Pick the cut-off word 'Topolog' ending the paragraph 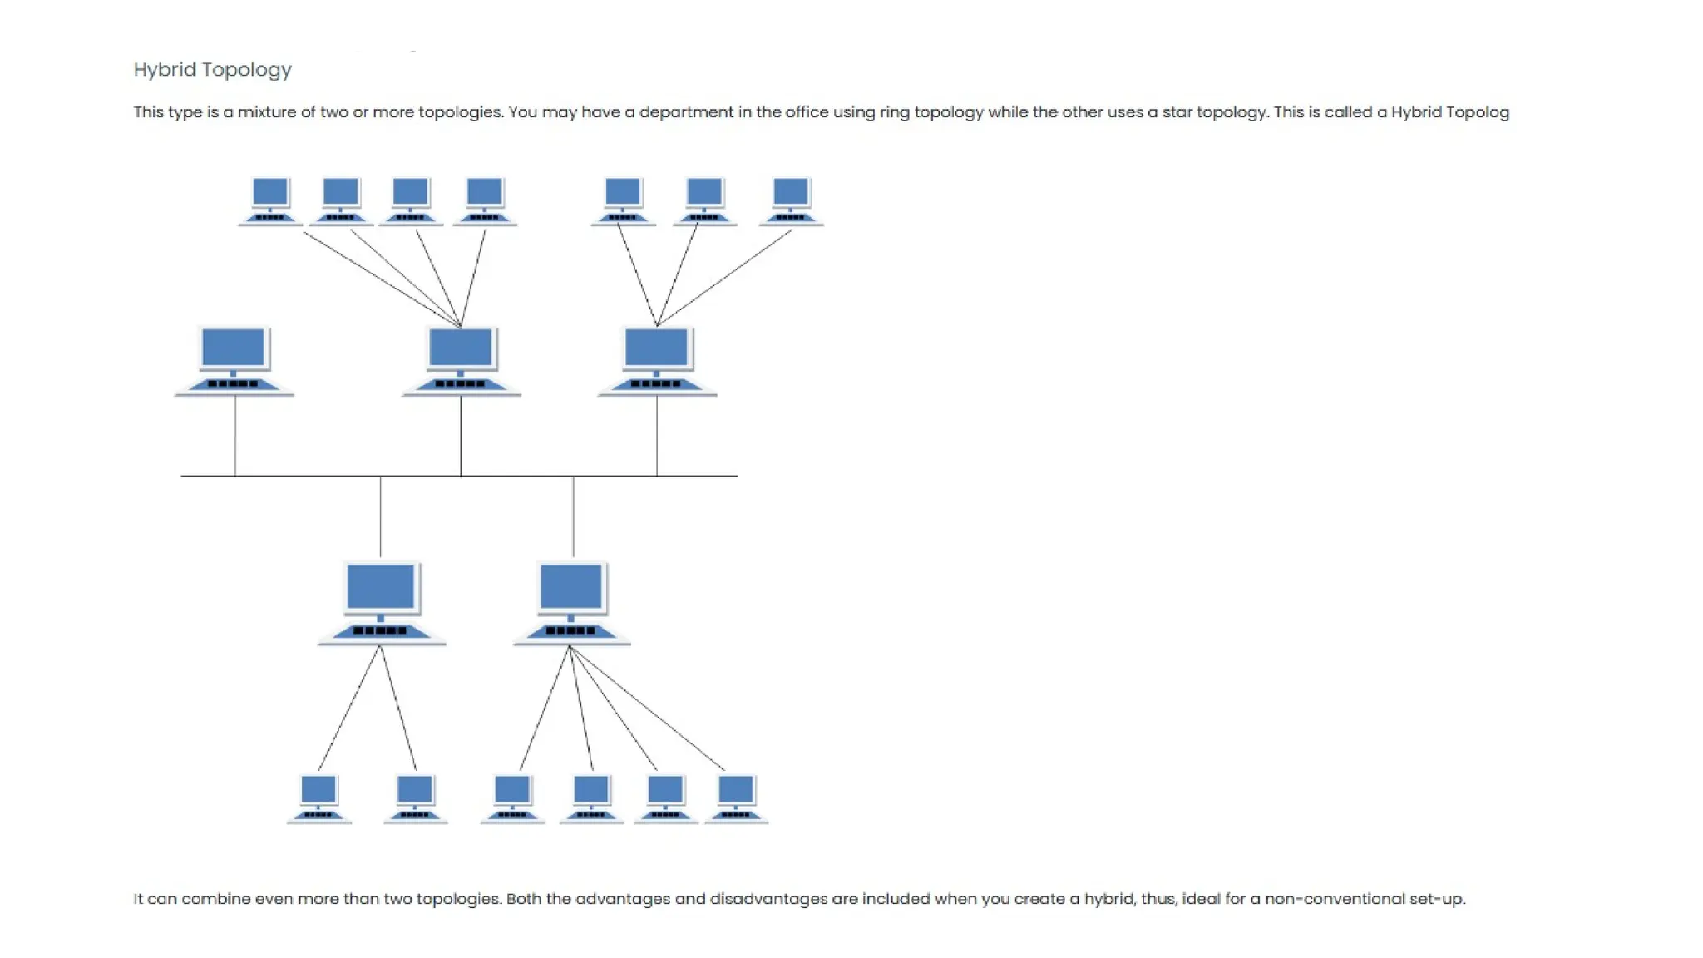point(1477,112)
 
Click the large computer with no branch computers point(234,360)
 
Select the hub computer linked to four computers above point(461,360)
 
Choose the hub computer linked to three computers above point(657,360)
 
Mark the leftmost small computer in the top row point(270,200)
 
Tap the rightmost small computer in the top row point(791,200)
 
